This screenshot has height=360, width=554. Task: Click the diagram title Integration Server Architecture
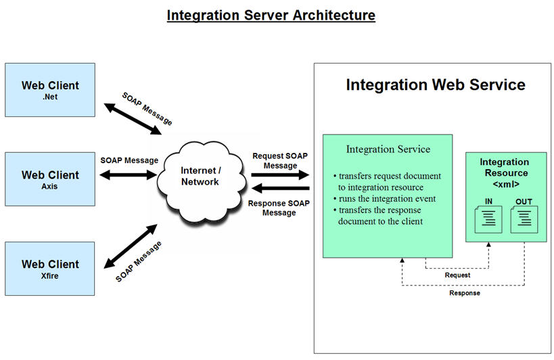pyautogui.click(x=271, y=14)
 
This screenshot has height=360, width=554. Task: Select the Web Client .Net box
pyautogui.click(x=50, y=90)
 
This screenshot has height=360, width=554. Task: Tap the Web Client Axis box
pyautogui.click(x=50, y=179)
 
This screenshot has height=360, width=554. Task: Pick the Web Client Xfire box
pyautogui.click(x=50, y=268)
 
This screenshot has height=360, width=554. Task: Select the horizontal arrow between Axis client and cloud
pyautogui.click(x=129, y=175)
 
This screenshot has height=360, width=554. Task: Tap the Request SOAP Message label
pyautogui.click(x=280, y=160)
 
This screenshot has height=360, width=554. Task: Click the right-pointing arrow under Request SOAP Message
pyautogui.click(x=280, y=175)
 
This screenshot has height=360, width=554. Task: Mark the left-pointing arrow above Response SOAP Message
pyautogui.click(x=280, y=188)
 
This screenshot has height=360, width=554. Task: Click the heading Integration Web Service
pyautogui.click(x=435, y=85)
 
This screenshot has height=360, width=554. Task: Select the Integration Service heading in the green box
pyautogui.click(x=388, y=149)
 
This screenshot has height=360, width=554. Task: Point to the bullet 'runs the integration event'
pyautogui.click(x=384, y=198)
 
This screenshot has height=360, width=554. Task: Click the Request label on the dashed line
pyautogui.click(x=457, y=275)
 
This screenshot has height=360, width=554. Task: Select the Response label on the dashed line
pyautogui.click(x=465, y=293)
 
